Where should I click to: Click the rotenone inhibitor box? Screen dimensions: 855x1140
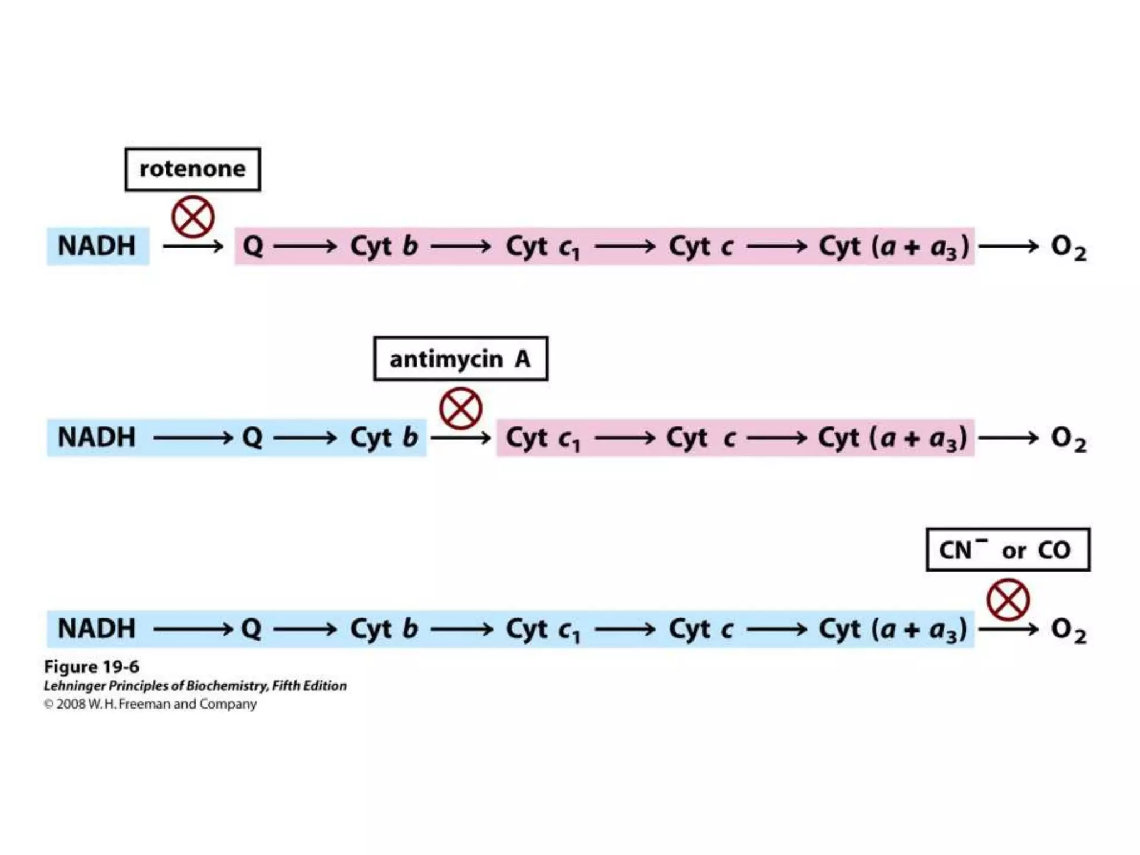point(193,169)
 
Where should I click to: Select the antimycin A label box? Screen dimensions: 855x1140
point(460,359)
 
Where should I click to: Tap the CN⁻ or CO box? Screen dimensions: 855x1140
point(1008,550)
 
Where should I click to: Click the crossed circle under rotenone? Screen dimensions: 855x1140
point(193,217)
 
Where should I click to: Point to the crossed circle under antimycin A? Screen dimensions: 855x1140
point(460,409)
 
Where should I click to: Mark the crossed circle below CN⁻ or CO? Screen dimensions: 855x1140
point(1008,600)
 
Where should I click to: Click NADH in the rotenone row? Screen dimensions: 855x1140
point(97,246)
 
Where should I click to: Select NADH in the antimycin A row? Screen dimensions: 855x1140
point(97,438)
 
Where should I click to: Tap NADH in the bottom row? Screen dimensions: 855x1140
point(97,629)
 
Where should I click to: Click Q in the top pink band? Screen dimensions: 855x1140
point(253,246)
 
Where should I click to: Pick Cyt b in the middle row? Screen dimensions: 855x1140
point(384,438)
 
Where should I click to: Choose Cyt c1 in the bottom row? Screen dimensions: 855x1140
point(543,630)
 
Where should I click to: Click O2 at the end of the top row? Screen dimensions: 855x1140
point(1068,247)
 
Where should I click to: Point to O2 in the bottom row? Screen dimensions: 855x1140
point(1068,630)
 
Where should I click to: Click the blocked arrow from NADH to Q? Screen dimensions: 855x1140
point(193,246)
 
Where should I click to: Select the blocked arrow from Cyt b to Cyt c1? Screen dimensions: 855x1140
point(460,438)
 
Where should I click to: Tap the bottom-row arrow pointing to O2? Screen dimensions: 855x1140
point(1008,630)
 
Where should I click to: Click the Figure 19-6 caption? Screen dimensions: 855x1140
point(91,667)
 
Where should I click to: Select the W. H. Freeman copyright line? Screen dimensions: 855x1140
point(150,704)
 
